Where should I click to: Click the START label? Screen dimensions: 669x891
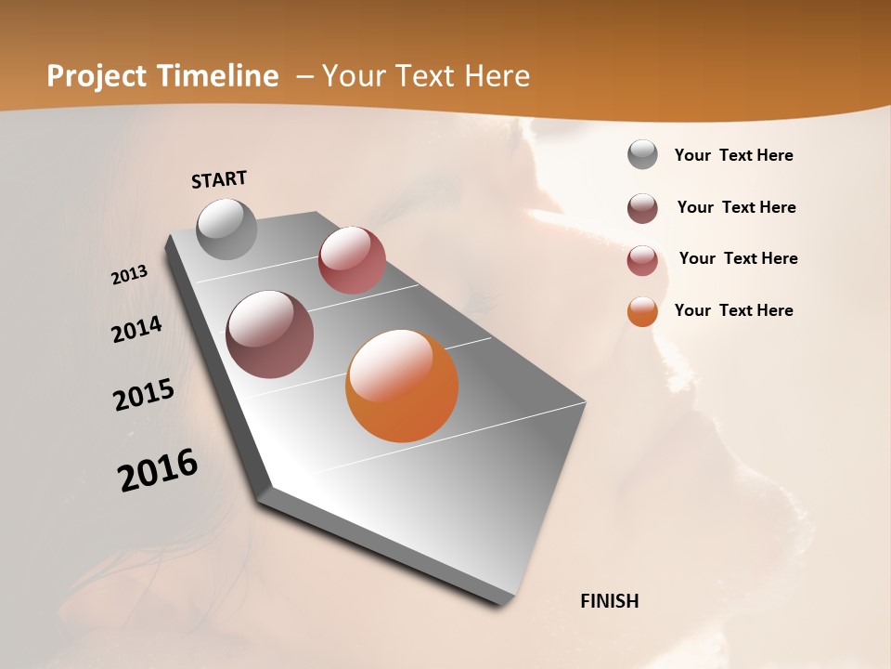point(219,179)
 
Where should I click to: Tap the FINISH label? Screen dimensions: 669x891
point(609,601)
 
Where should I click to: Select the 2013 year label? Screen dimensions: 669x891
point(130,275)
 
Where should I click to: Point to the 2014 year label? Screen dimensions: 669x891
point(136,330)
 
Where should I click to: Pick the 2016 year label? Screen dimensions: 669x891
point(158,470)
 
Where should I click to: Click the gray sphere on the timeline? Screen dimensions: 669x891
point(227,229)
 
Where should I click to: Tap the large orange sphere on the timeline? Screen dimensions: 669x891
point(402,386)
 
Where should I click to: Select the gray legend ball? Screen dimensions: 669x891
point(642,155)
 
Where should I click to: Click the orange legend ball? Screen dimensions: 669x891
point(642,311)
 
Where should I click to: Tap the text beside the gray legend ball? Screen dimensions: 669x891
point(733,156)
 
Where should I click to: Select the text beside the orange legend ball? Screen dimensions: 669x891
point(733,310)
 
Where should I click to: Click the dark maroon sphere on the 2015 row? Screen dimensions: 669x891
point(270,334)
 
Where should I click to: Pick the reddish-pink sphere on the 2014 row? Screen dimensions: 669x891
point(352,260)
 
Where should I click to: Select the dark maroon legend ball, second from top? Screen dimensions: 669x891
point(642,208)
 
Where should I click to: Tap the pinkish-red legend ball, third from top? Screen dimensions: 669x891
point(642,260)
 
